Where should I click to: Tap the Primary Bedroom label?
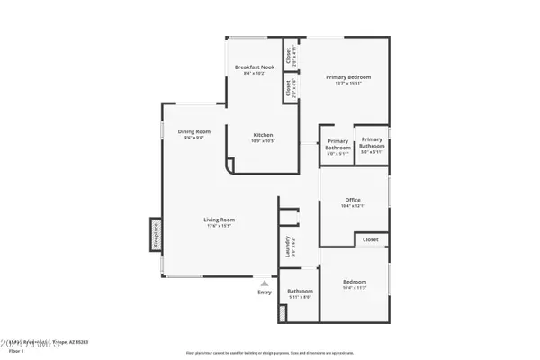pos(347,77)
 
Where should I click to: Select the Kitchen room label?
pos(262,135)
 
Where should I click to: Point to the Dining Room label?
pos(193,131)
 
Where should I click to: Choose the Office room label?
pos(353,200)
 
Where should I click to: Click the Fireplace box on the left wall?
pos(156,233)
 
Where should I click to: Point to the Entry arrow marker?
pos(264,282)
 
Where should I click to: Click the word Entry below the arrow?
pos(264,292)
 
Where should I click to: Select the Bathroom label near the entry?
pos(300,291)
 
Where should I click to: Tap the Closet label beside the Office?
pos(371,240)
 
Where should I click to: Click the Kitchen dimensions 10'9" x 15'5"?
pos(262,141)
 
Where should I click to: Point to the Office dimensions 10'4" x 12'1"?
pos(353,206)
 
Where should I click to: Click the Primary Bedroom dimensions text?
pos(347,84)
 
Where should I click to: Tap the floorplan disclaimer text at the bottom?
pos(270,353)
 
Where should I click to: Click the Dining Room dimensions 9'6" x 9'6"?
pos(193,138)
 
